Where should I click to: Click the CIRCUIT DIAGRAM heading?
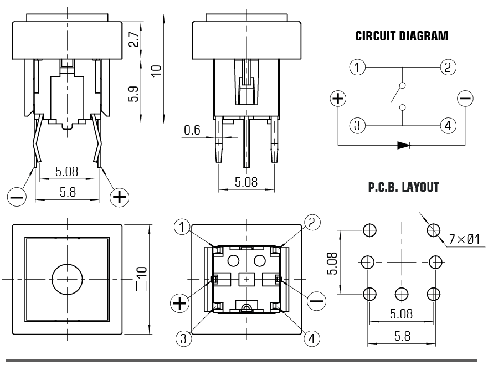(x=402, y=36)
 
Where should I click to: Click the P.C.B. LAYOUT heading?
(x=403, y=187)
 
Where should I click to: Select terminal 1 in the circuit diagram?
(x=357, y=67)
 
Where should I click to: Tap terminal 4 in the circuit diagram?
(x=448, y=126)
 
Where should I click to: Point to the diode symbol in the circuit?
(x=403, y=145)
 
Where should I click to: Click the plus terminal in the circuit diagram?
(x=338, y=99)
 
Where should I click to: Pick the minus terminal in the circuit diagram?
(x=465, y=99)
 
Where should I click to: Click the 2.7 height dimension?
(x=133, y=39)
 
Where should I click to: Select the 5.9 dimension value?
(x=133, y=94)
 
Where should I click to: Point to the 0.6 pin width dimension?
(x=192, y=130)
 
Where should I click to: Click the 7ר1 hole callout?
(x=464, y=239)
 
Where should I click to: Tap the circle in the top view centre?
(x=67, y=279)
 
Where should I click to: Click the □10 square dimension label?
(x=142, y=279)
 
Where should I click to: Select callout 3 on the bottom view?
(x=183, y=338)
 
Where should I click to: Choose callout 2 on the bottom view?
(x=311, y=223)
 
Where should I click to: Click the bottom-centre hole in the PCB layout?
(x=402, y=294)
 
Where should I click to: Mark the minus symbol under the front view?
(x=17, y=197)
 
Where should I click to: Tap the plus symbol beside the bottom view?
(x=180, y=303)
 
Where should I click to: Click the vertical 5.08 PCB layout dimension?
(x=332, y=263)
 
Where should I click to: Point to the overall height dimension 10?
(x=157, y=70)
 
